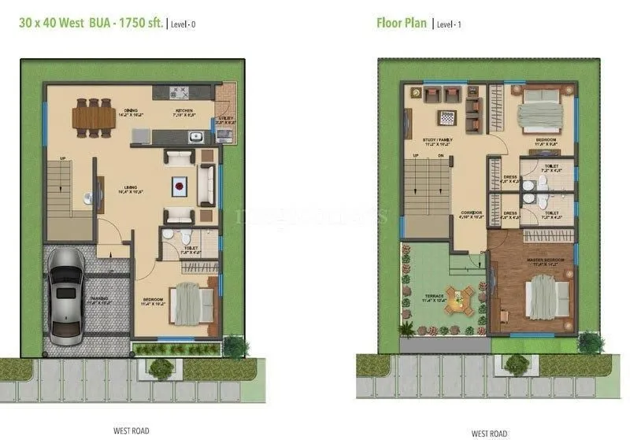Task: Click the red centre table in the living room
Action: click(x=181, y=187)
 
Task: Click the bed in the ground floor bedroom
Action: click(x=190, y=303)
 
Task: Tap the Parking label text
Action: click(x=99, y=300)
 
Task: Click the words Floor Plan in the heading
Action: click(x=401, y=23)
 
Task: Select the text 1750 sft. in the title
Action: click(x=141, y=23)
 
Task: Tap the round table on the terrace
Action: click(x=458, y=297)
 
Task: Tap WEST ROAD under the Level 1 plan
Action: click(x=488, y=433)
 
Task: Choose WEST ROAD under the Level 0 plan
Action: click(x=131, y=431)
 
